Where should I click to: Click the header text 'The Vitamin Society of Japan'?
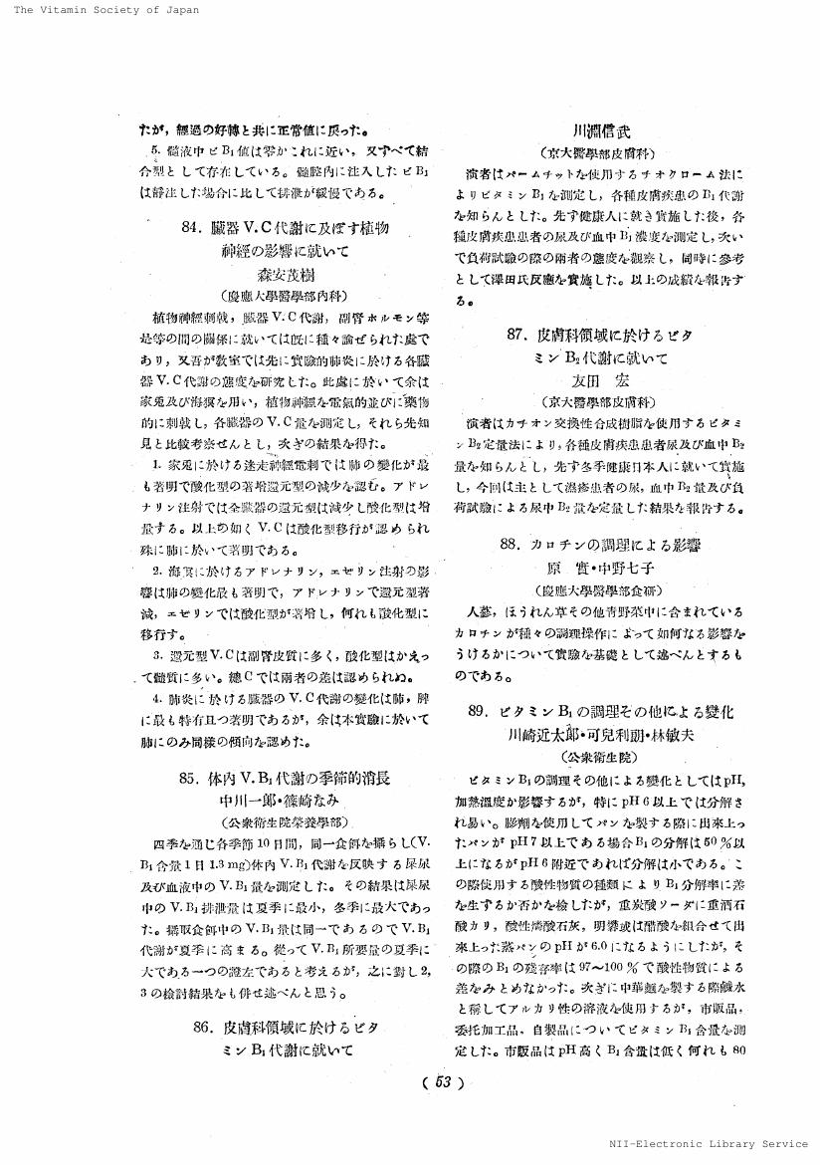point(101,10)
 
